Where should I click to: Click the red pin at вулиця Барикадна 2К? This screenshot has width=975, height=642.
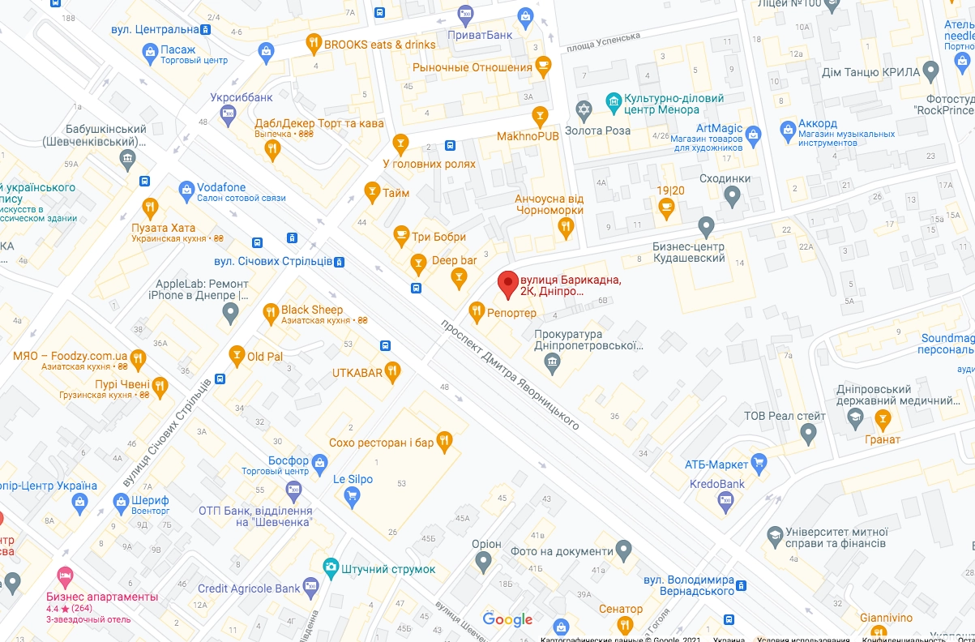507,284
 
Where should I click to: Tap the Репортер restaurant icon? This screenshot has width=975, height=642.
477,311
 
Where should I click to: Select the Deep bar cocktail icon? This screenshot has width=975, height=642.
459,279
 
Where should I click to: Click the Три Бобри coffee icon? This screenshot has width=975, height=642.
400,236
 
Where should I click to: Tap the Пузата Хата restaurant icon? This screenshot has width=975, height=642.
149,206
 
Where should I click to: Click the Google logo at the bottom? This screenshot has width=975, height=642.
507,619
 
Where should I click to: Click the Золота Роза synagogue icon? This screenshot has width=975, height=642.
584,109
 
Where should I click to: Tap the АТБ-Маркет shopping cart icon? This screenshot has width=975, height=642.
759,464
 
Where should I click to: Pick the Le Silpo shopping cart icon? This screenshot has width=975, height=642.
352,497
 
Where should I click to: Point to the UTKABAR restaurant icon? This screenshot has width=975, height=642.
393,371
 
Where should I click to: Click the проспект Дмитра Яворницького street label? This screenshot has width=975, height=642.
510,374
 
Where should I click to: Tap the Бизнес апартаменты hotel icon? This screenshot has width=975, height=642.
66,576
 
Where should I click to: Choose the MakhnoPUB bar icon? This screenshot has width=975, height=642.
539,115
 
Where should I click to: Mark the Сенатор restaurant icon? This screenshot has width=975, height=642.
623,625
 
